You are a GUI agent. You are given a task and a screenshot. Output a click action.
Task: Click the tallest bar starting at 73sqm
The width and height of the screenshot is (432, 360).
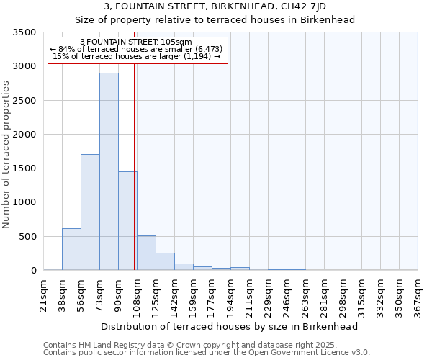coord(109,171)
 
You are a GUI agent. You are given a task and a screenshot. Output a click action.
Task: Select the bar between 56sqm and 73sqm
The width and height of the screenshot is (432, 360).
coord(90,212)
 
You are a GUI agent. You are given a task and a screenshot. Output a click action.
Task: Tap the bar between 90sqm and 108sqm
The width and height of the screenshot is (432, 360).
coord(127,221)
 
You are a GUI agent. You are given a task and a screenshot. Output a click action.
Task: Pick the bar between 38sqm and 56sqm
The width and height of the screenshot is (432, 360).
coord(71,249)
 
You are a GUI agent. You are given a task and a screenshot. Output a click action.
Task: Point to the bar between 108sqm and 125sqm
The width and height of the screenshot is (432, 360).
coord(146,253)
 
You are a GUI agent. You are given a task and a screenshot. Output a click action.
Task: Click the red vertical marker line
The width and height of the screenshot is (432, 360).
coord(135,166)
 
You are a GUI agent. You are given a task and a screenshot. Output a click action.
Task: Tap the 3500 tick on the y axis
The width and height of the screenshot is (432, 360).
coord(24,32)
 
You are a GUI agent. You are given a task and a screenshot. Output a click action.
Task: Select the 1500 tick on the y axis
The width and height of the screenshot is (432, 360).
coord(24,168)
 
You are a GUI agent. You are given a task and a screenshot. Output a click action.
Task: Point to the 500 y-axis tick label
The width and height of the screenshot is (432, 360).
coord(27,237)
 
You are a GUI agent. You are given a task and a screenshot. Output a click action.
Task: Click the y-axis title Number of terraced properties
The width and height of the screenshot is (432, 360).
coord(6,154)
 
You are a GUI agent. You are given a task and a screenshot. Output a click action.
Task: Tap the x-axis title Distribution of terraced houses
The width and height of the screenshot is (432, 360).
coord(230,326)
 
